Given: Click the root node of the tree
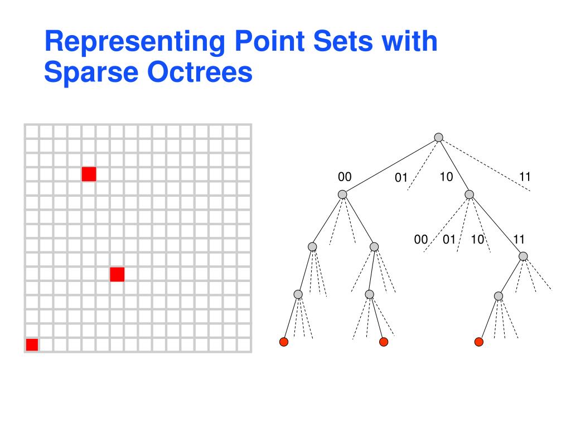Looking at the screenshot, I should [x=439, y=137].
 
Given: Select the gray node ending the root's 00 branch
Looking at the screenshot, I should [x=342, y=194].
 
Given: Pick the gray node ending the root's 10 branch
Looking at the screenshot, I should [x=469, y=194].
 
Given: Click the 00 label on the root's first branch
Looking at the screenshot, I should [x=345, y=177].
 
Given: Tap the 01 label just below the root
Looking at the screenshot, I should [x=401, y=178].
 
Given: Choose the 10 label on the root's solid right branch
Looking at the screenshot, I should [x=446, y=177].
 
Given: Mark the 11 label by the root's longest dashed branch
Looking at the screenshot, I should [x=525, y=177].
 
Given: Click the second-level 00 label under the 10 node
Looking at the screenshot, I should [x=421, y=240].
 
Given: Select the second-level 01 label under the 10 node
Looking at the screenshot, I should [x=449, y=240].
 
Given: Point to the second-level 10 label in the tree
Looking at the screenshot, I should [x=477, y=240].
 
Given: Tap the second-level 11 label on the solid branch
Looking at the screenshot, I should [x=519, y=240].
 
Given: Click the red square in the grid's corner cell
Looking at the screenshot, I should [x=32, y=344].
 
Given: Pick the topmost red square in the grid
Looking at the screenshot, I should [x=89, y=174].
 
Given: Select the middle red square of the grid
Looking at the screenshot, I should [x=117, y=274].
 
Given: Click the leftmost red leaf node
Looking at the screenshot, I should [x=284, y=342].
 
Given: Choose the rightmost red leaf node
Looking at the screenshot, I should [x=478, y=342].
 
